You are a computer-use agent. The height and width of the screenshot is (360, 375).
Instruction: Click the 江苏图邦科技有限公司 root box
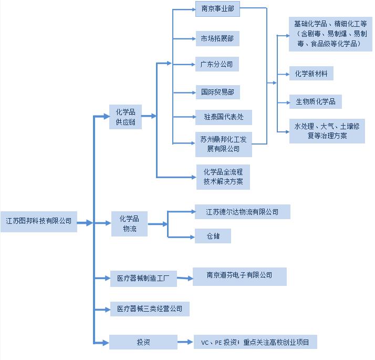tap(39, 221)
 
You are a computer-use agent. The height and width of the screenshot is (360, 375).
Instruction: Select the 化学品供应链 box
tap(126, 117)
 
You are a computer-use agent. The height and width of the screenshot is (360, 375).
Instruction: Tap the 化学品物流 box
tap(129, 224)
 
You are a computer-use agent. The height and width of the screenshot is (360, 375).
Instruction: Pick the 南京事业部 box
tap(217, 9)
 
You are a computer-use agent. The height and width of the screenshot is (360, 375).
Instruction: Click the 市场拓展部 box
tap(217, 38)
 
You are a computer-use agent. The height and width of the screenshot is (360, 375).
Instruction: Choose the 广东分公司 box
tap(217, 64)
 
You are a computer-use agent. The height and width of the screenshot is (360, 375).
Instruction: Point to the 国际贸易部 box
tap(218, 92)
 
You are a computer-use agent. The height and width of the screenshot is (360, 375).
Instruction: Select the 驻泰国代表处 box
tap(224, 117)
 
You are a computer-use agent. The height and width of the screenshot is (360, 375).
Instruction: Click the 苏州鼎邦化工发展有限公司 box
tap(224, 145)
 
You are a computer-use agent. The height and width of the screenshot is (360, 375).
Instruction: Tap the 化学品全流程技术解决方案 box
tap(223, 177)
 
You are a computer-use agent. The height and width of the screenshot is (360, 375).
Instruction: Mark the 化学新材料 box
tap(311, 73)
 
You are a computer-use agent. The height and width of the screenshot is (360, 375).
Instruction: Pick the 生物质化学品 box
tap(316, 102)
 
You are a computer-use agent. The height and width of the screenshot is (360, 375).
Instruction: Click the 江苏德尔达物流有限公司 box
tap(243, 212)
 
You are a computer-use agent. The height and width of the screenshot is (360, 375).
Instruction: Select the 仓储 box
tap(213, 236)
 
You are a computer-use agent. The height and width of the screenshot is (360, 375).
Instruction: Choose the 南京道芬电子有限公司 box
tap(239, 276)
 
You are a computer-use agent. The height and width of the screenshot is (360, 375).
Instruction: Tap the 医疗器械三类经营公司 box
tap(150, 309)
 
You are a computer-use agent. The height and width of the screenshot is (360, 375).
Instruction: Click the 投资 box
tap(143, 342)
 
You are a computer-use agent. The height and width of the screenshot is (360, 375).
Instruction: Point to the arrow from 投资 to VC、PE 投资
tap(185, 342)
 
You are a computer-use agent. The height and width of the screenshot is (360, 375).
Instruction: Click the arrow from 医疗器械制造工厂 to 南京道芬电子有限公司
tap(185, 278)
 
